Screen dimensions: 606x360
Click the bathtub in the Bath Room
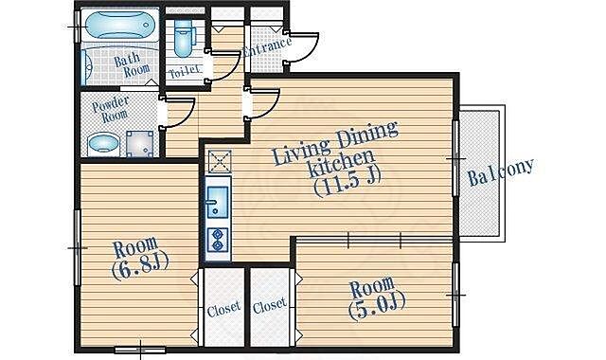120,26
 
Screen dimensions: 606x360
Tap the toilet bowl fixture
183,38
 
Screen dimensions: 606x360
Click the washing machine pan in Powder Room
140,144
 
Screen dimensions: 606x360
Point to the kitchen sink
218,202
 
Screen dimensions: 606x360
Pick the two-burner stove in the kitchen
218,240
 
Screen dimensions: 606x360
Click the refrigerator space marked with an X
220,161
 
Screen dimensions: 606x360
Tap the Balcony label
501,171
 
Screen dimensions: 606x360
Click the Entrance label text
267,46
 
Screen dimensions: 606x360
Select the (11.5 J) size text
348,182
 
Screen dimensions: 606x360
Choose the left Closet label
223,308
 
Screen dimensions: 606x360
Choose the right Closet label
270,305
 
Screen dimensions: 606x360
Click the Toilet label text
185,71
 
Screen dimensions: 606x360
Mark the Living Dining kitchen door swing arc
268,108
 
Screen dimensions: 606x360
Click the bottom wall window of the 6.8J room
140,350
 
